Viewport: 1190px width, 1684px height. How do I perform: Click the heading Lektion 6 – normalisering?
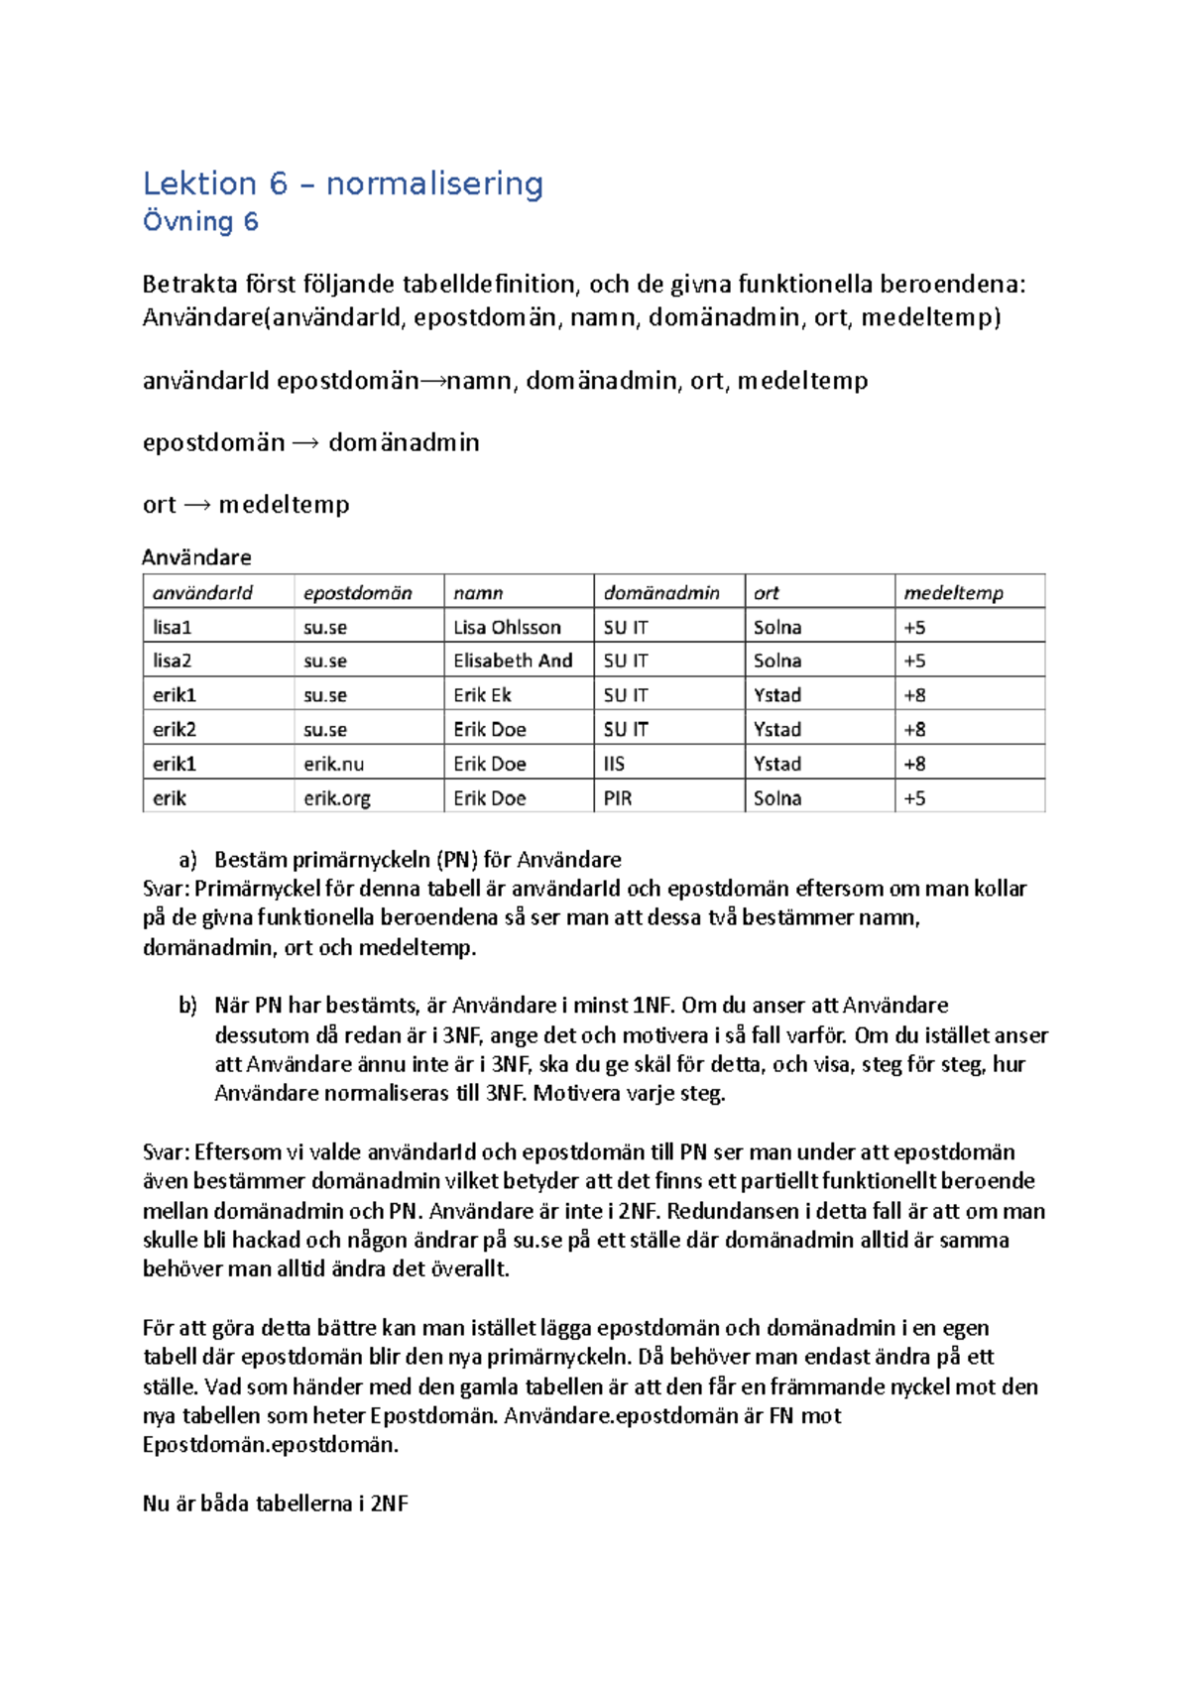tap(342, 183)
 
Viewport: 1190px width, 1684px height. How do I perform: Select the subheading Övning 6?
tap(200, 221)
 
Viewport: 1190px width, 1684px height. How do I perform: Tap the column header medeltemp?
tap(953, 593)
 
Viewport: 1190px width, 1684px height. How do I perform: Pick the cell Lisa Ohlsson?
tap(507, 628)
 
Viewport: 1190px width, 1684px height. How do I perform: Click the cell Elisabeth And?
tap(513, 662)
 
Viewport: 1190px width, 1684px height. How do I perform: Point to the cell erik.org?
tap(336, 798)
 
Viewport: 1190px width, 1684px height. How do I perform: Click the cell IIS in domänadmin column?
tap(614, 764)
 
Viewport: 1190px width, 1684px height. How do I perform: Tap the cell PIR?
tap(617, 798)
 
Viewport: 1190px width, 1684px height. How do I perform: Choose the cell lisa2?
tap(172, 662)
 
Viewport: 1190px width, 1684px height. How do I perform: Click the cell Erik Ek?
tap(482, 695)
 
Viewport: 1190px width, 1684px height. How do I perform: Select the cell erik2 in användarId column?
tap(174, 730)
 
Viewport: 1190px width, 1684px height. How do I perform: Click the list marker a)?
tap(187, 860)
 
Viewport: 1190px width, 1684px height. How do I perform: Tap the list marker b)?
tap(187, 1006)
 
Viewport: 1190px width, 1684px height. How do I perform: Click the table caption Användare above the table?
tap(196, 557)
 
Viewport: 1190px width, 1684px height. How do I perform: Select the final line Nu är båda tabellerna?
tap(275, 1504)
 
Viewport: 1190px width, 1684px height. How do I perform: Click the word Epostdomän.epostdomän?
tap(270, 1445)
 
